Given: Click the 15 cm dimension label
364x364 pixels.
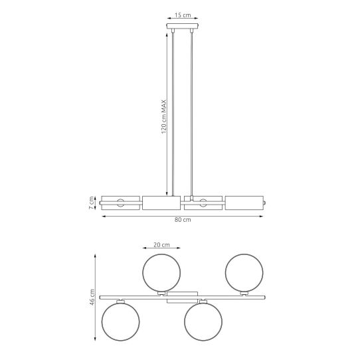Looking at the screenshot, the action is (183, 15).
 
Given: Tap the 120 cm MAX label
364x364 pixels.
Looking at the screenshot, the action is (164, 116).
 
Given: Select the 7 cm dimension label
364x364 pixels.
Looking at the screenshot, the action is (92, 203).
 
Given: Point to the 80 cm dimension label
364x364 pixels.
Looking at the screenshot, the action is (183, 220).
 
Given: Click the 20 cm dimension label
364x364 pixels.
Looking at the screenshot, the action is (161, 244).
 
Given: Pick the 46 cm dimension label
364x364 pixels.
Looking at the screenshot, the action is (92, 297).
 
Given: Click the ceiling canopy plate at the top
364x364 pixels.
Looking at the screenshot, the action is (183, 26).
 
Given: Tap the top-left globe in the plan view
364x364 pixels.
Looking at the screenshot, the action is (161, 272).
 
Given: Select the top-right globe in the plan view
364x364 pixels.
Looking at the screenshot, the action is (244, 272).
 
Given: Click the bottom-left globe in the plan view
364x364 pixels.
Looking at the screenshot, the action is (120, 321).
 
